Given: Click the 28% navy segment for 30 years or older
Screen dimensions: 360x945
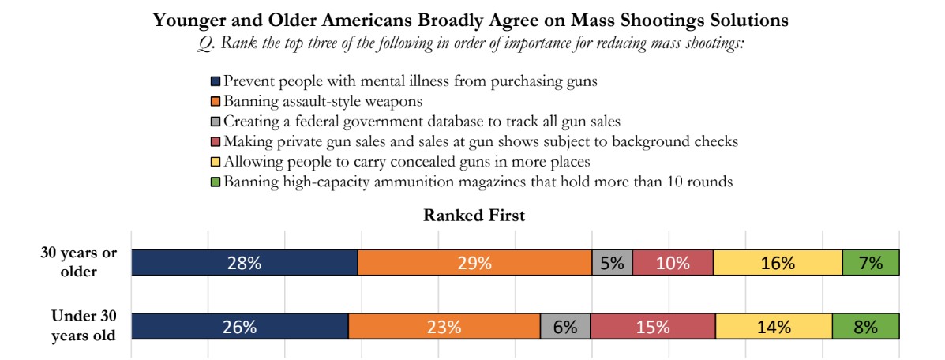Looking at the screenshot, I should [x=244, y=263].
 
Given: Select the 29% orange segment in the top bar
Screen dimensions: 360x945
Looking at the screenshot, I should [x=474, y=263].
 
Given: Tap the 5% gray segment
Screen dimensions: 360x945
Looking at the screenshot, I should [x=612, y=263].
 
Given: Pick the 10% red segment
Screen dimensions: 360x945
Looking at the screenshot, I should [x=673, y=263].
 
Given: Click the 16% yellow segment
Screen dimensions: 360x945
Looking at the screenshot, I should [x=778, y=263].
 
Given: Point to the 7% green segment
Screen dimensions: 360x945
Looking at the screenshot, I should [x=871, y=263].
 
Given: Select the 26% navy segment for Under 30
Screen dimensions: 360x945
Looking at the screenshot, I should [x=239, y=327].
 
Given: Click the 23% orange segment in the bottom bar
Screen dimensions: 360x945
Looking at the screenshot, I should [x=444, y=327].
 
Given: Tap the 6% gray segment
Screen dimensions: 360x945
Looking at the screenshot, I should [x=564, y=327].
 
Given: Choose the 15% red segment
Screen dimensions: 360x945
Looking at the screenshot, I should [x=652, y=327].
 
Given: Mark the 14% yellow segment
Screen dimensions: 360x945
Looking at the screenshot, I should [x=774, y=327].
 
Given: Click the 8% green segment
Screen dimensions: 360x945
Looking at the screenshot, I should [x=865, y=327].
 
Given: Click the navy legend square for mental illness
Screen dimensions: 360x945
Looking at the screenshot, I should [x=216, y=81].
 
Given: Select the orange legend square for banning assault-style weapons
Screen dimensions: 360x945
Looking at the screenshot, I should [x=216, y=102].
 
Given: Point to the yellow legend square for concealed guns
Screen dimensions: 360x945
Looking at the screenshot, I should [x=216, y=163].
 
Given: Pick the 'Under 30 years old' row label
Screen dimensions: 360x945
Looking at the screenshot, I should [x=83, y=326].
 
